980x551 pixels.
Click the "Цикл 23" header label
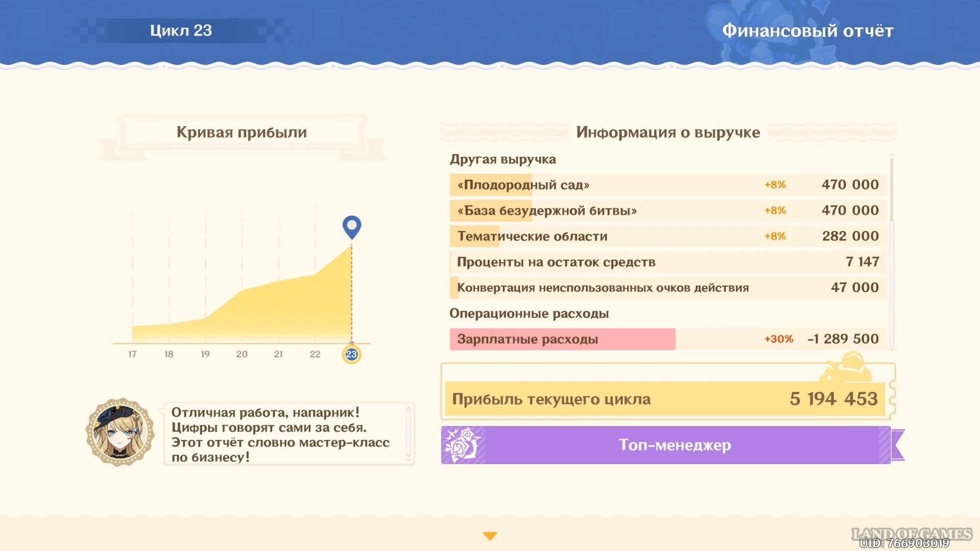point(181,30)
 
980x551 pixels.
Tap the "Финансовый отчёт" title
point(808,31)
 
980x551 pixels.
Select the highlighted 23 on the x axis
point(351,354)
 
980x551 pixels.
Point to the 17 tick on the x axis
point(132,354)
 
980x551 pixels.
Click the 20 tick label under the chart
point(242,354)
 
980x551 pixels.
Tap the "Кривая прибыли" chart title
point(242,132)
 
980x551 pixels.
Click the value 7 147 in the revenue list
point(862,262)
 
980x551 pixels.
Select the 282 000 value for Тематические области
point(850,236)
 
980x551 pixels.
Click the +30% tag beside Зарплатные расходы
point(779,339)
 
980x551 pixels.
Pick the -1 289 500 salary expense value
point(843,339)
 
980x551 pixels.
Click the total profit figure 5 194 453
point(833,399)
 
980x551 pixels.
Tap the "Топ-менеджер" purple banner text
point(675,445)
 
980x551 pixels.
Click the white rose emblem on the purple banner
point(462,445)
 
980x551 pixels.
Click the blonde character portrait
point(120,432)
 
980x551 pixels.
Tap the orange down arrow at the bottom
point(490,536)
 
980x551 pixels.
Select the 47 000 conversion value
point(855,287)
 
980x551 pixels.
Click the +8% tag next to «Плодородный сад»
point(775,185)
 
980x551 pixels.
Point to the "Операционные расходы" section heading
point(529,313)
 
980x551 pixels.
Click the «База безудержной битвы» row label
point(547,211)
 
